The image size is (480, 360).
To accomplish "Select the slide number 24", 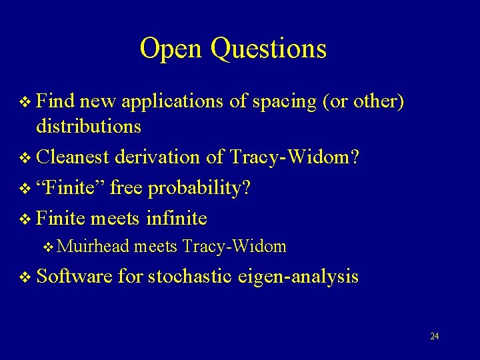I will (x=434, y=336).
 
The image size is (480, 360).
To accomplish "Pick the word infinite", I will (x=175, y=217).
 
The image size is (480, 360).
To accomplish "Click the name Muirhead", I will (x=95, y=247).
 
